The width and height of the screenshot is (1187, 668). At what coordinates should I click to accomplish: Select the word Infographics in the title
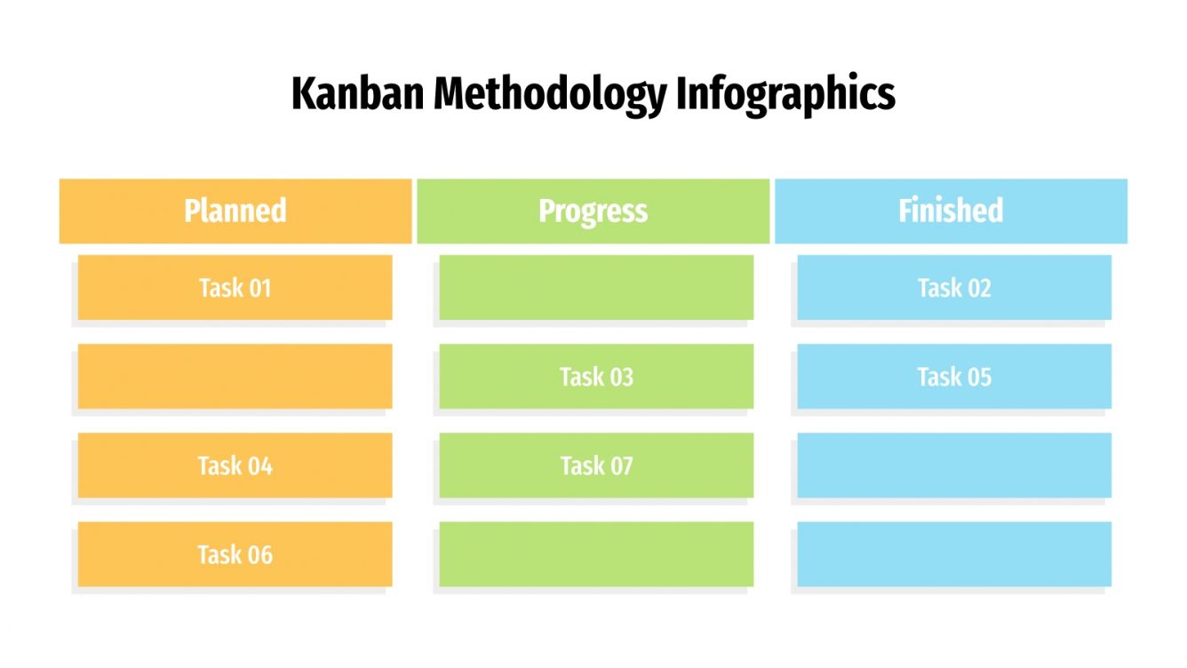pos(785,94)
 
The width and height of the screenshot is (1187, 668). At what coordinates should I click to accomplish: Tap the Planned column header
pos(235,211)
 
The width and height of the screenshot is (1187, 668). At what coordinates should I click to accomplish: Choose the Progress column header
pos(593,211)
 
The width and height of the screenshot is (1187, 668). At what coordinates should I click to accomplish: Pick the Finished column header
pos(951,211)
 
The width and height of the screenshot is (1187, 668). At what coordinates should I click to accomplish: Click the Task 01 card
pos(235,288)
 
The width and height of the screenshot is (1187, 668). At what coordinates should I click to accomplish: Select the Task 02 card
pos(954,288)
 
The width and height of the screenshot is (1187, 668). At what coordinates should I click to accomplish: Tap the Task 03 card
pos(596,377)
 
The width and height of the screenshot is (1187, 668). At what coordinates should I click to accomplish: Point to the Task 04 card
pos(235,465)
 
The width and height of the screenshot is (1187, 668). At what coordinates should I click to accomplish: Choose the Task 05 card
pos(954,377)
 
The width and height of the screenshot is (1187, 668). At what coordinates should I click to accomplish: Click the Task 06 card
pos(235,554)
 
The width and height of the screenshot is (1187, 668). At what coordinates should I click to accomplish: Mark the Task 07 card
pos(596,465)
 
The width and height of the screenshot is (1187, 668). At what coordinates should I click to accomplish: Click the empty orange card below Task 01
pos(235,377)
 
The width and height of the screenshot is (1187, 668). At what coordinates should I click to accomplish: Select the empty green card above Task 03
pos(596,288)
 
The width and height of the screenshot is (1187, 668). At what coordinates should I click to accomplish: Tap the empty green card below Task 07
pos(596,554)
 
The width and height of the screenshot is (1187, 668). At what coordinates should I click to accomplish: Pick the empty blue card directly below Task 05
pos(954,465)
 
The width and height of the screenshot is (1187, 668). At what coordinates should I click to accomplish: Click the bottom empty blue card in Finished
pos(954,554)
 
